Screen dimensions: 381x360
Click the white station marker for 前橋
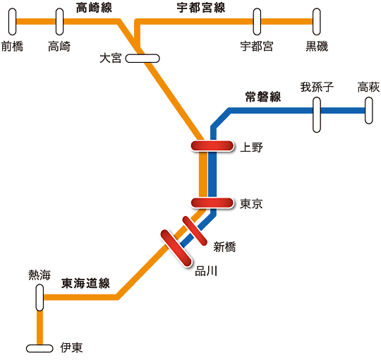tap(13, 22)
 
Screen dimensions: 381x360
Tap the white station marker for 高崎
tap(59, 22)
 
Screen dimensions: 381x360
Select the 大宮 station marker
tap(143, 59)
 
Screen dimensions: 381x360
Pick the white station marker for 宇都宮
tap(257, 22)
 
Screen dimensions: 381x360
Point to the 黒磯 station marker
tap(317, 22)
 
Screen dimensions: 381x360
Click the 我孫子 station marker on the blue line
tap(317, 115)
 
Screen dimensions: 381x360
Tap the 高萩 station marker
tap(369, 111)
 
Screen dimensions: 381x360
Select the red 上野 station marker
tap(212, 146)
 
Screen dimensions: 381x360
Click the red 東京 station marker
tap(212, 203)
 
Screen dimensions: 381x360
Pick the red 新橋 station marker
tap(195, 231)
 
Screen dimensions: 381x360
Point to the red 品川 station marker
tap(176, 248)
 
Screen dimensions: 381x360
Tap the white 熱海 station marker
tap(40, 298)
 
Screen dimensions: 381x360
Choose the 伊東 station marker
tap(40, 348)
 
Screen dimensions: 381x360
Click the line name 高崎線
tap(94, 8)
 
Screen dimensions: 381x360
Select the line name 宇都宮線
tap(200, 8)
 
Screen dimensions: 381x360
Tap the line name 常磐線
tap(263, 97)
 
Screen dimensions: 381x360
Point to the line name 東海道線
tap(85, 284)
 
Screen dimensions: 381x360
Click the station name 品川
tap(206, 271)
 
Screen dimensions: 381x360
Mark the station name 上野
tap(251, 148)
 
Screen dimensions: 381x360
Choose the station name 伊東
tap(71, 348)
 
